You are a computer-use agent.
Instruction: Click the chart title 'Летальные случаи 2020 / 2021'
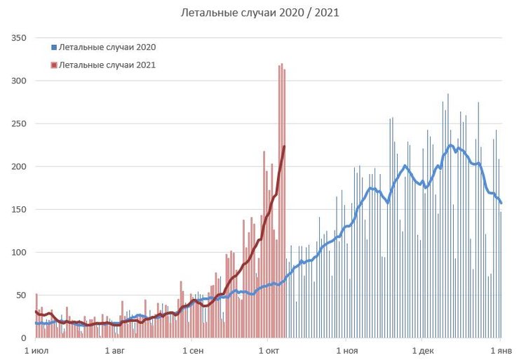(x=260, y=13)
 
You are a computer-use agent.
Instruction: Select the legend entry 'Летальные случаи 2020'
(x=107, y=48)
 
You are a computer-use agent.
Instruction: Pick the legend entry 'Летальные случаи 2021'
(x=107, y=65)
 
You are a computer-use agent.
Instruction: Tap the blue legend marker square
(x=53, y=48)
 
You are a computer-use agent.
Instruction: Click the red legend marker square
(x=53, y=65)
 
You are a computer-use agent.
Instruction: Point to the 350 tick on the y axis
(x=18, y=38)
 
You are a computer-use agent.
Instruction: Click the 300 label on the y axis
(x=18, y=81)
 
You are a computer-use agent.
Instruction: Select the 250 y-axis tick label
(x=18, y=124)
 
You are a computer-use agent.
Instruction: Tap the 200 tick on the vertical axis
(x=18, y=166)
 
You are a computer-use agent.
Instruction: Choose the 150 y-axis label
(x=18, y=209)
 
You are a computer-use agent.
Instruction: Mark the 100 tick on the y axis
(x=18, y=252)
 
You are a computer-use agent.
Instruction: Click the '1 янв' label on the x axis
(x=501, y=349)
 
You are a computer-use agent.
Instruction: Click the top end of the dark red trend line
(x=284, y=147)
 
